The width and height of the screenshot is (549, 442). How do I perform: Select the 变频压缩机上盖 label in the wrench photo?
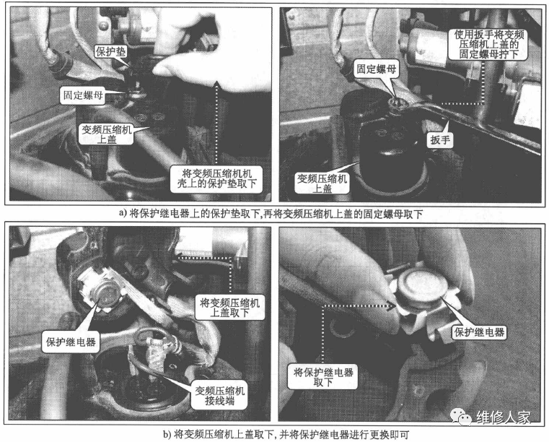click(x=321, y=183)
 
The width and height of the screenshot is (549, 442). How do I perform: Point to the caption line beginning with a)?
click(x=274, y=214)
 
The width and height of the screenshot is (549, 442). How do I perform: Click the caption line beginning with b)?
click(x=274, y=433)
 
